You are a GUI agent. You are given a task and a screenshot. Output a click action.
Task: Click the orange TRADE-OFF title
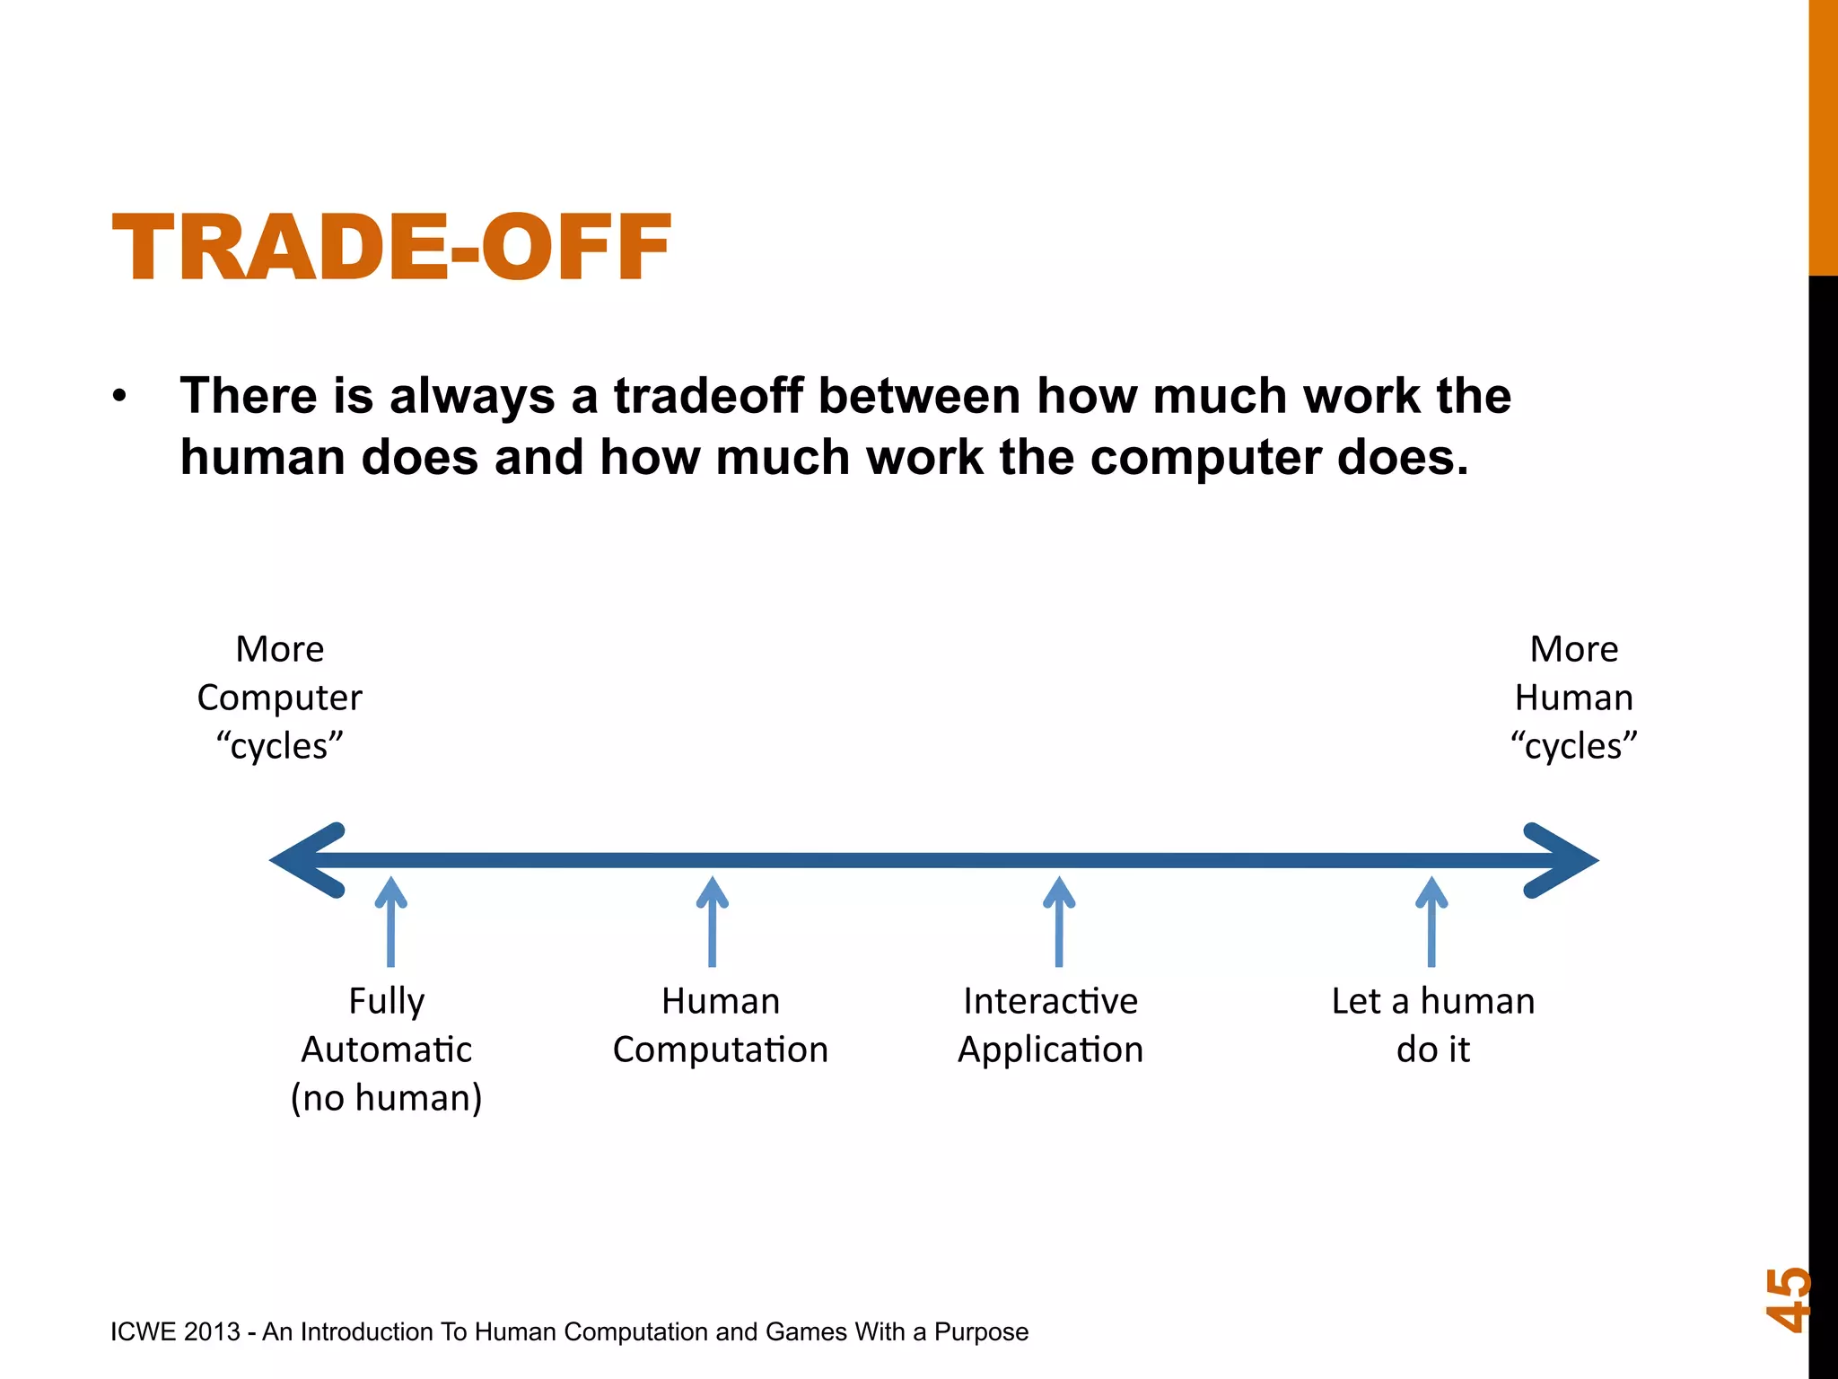391,248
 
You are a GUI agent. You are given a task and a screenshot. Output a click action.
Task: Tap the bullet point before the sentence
120,397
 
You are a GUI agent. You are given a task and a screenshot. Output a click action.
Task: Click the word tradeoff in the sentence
708,396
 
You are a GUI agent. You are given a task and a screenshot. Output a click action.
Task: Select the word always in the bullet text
472,396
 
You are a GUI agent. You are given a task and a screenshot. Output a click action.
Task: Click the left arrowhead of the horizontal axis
310,860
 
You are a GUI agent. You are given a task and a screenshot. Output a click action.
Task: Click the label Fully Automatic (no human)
387,1049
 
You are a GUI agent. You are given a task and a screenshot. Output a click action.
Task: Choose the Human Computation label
720,1025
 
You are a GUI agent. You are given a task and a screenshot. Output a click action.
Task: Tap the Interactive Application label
1050,1025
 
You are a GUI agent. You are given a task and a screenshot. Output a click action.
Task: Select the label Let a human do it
1432,1025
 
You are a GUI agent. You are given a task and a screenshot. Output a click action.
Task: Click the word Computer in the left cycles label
279,698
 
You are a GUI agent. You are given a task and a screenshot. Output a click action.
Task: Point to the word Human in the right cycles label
1573,698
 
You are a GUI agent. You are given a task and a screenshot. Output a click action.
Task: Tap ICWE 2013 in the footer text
175,1331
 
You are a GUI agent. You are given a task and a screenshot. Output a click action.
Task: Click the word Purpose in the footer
981,1331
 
